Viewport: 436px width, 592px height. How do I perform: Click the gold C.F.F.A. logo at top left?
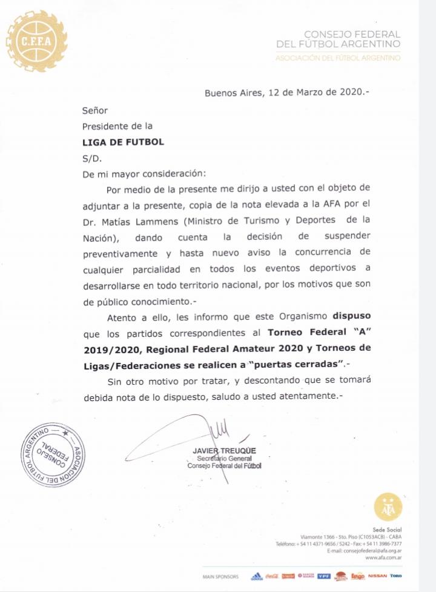(36, 41)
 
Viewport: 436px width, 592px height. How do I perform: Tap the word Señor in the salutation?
(95, 111)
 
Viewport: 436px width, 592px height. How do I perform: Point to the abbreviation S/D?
(93, 158)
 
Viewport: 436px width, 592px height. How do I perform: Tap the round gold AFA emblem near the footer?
(388, 507)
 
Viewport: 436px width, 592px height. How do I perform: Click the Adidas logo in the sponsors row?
(256, 576)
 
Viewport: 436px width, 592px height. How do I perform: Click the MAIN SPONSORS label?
(221, 577)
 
